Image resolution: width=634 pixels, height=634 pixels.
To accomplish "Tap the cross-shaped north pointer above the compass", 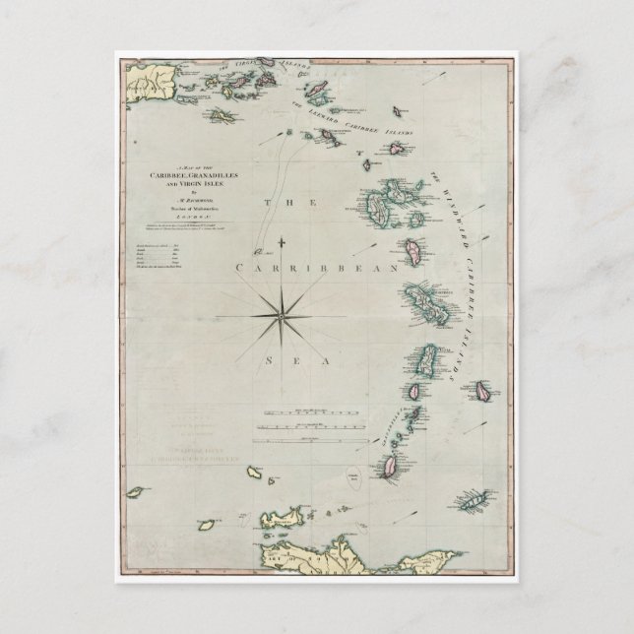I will point(283,242).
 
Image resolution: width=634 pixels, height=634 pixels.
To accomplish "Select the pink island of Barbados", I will point(483,390).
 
